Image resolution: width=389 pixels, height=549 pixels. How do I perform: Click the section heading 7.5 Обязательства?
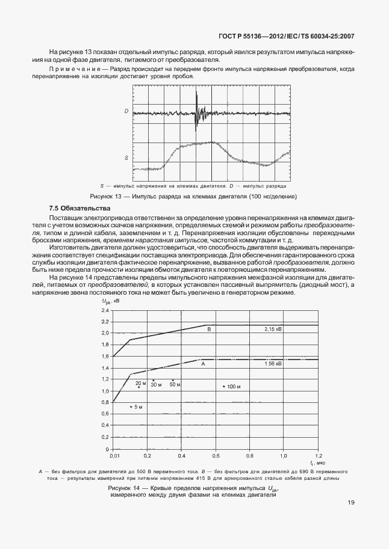coord(76,208)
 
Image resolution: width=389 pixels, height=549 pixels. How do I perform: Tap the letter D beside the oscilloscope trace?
coord(126,111)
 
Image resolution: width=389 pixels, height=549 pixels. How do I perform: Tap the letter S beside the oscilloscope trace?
coord(126,158)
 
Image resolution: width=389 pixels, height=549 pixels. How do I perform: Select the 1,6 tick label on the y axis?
coord(105,357)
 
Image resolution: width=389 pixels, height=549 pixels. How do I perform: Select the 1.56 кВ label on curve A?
coord(273,364)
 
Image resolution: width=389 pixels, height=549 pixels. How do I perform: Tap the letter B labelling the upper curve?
coord(209,330)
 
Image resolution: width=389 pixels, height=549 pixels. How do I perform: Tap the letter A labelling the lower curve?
coord(203,364)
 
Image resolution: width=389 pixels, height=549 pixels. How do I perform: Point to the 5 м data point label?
coord(138,408)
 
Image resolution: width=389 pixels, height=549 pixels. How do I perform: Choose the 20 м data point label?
coord(140,383)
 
